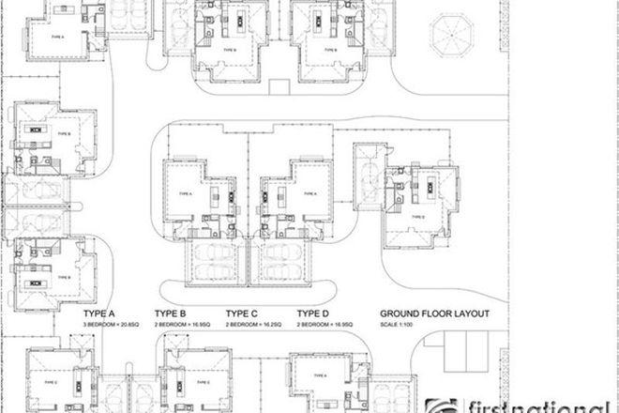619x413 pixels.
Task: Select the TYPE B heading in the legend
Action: pyautogui.click(x=172, y=314)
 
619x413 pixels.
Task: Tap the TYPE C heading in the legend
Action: pyautogui.click(x=242, y=314)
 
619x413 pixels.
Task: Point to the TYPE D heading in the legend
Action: pyautogui.click(x=313, y=314)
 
